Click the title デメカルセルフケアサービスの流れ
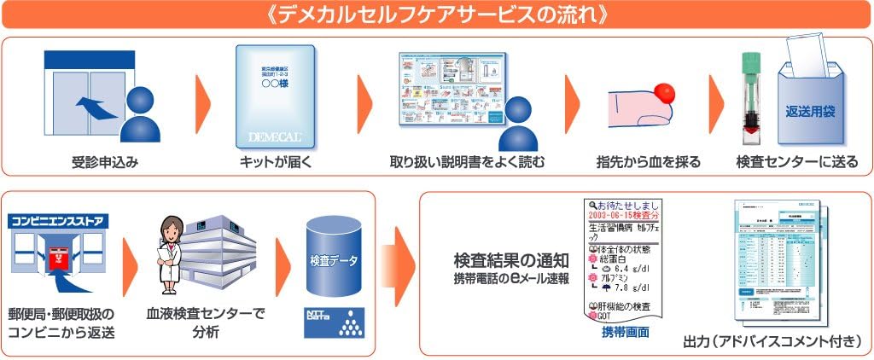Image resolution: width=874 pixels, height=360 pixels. (436, 16)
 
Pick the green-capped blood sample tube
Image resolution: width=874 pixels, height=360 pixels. (752, 98)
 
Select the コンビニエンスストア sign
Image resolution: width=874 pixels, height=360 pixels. (59, 222)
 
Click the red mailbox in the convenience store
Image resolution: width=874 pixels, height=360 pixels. (59, 258)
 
